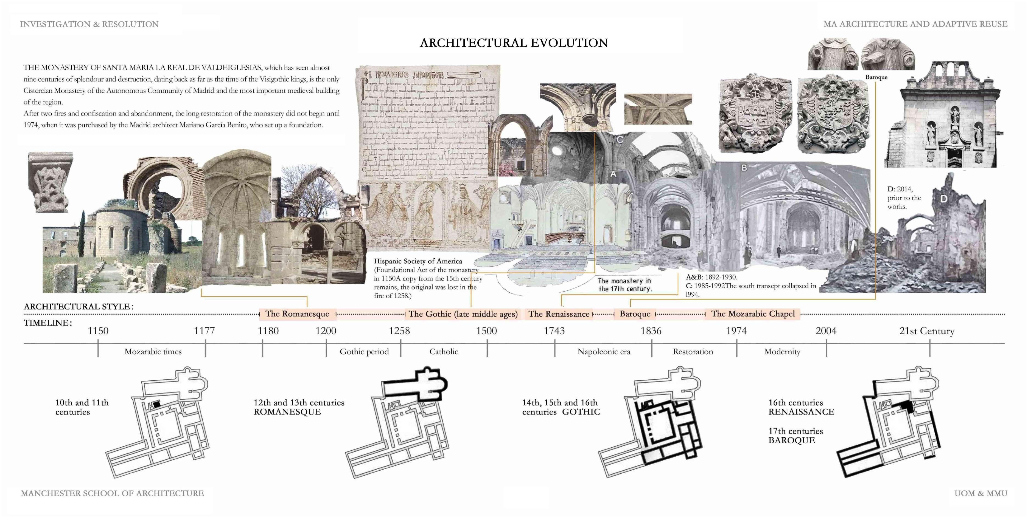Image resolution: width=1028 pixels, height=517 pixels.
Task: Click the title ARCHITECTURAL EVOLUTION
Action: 514,43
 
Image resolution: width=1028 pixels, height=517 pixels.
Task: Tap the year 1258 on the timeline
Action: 399,331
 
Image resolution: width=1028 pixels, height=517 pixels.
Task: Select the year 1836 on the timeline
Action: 651,331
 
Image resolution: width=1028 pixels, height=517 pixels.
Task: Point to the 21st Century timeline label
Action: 927,331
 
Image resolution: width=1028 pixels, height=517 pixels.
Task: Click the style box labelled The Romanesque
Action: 297,314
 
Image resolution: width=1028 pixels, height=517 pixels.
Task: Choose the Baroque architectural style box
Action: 635,314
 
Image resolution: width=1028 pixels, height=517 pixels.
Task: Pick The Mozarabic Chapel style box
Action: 753,314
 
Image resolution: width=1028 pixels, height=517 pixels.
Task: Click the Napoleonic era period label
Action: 604,352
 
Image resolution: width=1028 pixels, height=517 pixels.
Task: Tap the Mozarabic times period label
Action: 153,352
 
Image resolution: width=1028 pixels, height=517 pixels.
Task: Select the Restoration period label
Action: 693,352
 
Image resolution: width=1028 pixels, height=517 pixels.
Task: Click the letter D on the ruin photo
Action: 943,199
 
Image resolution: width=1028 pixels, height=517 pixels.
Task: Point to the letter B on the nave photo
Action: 744,168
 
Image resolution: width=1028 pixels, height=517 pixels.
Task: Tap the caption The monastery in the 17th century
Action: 624,285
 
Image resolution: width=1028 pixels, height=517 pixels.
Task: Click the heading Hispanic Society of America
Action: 418,261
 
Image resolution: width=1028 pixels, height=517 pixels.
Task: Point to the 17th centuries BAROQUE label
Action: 795,436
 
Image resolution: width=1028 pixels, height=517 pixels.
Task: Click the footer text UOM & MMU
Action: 981,493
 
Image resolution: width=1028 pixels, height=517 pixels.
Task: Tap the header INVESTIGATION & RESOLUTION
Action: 89,24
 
